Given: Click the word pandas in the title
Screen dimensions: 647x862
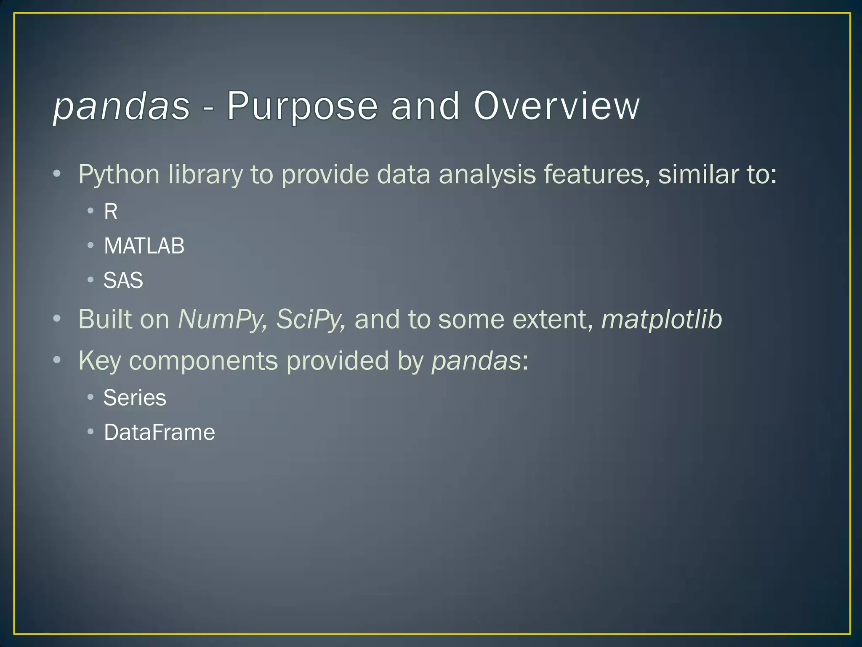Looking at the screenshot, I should [122, 106].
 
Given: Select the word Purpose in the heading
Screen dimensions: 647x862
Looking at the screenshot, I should [302, 106].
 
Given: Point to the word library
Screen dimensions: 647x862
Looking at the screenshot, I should [205, 175].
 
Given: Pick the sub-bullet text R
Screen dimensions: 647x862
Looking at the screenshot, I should [111, 211].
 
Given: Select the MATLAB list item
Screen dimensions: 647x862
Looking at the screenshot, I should [144, 246].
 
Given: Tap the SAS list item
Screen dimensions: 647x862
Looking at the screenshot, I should [123, 280].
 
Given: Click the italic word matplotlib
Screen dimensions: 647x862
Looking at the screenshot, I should [662, 319].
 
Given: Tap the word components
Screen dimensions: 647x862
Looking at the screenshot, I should [203, 361].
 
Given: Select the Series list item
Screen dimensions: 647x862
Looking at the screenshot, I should [135, 398].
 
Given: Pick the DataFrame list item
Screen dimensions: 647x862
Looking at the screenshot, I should [159, 432].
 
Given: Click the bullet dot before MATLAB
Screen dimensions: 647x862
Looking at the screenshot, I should [90, 245].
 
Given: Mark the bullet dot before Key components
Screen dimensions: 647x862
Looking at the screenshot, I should [57, 360].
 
